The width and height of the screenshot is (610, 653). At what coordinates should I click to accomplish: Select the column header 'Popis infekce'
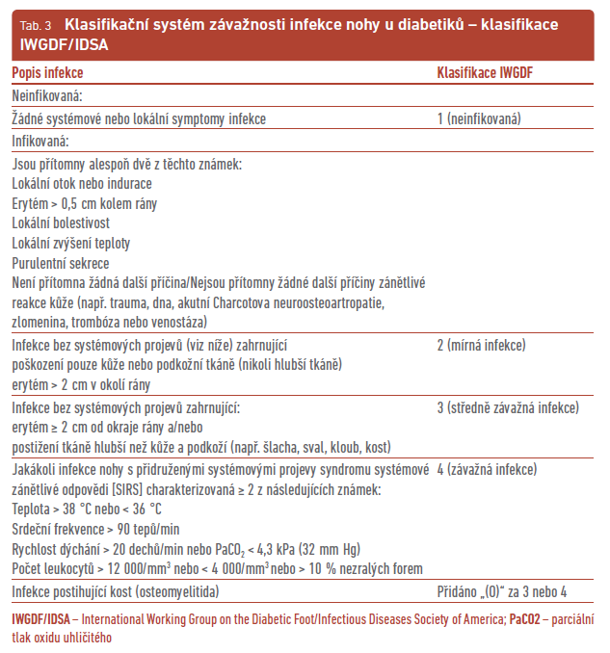point(47,72)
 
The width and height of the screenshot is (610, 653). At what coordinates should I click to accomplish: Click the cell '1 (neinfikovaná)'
point(480,118)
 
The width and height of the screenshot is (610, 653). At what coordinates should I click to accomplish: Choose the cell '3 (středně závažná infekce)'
point(508,408)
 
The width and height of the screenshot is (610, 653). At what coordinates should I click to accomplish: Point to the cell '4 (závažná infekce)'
point(486,470)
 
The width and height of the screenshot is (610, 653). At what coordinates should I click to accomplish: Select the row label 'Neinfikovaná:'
point(47,95)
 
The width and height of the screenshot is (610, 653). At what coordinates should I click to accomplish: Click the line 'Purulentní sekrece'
point(61,262)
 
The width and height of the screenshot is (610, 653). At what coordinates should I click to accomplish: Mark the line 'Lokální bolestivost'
point(62,222)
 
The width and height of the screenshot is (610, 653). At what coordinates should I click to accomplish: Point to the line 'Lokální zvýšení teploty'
point(71,243)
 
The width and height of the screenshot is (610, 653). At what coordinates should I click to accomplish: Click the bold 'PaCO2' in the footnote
point(527,618)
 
